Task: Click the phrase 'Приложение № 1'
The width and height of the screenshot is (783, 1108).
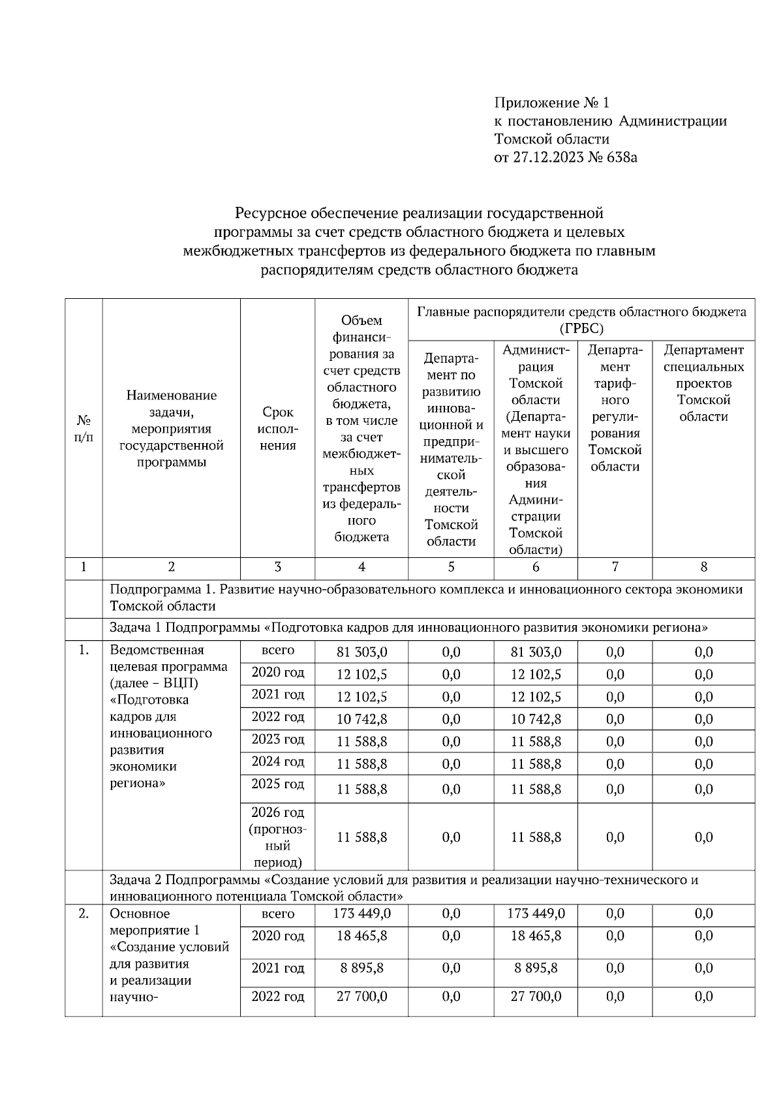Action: [551, 103]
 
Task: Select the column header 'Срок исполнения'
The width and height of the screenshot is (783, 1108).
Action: [278, 429]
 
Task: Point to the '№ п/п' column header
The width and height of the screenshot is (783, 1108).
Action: [84, 429]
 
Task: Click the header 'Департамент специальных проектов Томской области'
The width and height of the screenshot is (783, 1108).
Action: [703, 383]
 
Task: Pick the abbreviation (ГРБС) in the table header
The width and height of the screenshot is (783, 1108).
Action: [581, 328]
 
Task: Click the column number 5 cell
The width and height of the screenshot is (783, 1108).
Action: [451, 568]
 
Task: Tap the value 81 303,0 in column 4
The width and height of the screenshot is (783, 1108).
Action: [361, 652]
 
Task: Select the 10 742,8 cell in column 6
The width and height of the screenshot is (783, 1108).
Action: [536, 719]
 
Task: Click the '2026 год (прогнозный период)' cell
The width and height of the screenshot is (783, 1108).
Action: [278, 837]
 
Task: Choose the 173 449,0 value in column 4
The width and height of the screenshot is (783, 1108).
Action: [361, 914]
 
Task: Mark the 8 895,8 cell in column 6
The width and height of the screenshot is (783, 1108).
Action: [536, 968]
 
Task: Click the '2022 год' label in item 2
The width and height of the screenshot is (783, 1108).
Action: [278, 997]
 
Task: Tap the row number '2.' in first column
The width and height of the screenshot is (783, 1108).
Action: [84, 914]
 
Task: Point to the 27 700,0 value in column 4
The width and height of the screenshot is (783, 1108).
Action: [361, 997]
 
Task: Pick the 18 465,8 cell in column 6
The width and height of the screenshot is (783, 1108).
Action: [536, 936]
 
